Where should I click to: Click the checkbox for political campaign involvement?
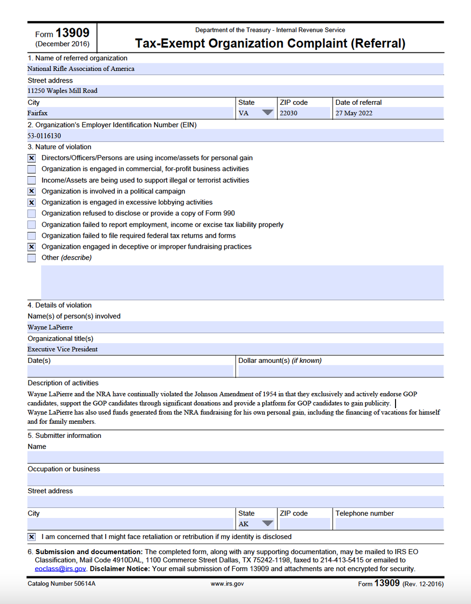click(32, 191)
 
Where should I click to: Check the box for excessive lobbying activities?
click(32, 202)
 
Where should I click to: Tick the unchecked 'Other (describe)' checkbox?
click(32, 258)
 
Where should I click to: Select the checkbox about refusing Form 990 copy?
click(32, 213)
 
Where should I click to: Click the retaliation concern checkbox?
click(32, 537)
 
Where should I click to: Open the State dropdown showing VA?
click(267, 113)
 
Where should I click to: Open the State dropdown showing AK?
click(267, 524)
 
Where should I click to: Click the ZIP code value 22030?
click(288, 113)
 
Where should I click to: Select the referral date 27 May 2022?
click(354, 113)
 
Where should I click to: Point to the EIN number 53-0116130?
click(44, 136)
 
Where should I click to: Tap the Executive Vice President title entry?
click(62, 349)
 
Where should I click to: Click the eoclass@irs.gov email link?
click(60, 569)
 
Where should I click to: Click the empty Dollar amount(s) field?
click(341, 371)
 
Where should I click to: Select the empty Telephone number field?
click(388, 524)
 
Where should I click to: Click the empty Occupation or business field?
click(235, 480)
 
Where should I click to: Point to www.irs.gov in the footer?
click(227, 584)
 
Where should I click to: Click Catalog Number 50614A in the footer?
click(61, 584)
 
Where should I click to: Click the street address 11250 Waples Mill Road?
click(62, 91)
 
